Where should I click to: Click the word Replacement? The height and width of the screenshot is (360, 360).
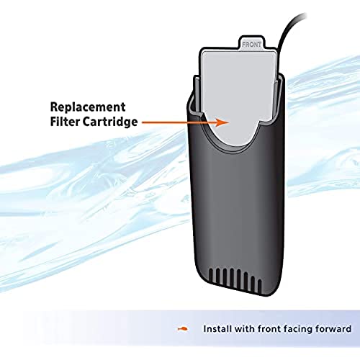tap(88, 107)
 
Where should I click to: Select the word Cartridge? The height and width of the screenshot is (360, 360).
tap(110, 122)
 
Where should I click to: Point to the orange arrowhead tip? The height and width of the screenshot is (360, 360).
tap(230, 122)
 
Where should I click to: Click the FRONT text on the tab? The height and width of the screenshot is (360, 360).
tap(251, 45)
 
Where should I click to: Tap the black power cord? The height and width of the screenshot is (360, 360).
tap(287, 31)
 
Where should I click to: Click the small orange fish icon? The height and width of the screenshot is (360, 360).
tap(183, 328)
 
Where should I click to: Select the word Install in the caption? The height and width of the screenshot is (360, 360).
tap(217, 328)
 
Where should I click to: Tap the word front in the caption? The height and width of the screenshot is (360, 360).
tap(269, 328)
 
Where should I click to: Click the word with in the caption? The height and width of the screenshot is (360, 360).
tap(245, 328)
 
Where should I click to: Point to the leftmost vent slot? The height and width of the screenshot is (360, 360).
tap(211, 275)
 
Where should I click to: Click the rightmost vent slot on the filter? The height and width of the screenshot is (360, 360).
tap(260, 284)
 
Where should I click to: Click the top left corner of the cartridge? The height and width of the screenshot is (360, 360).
tap(202, 51)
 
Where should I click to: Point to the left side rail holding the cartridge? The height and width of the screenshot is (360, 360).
tap(196, 95)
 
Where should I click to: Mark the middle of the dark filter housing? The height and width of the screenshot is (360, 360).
tap(236, 197)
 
